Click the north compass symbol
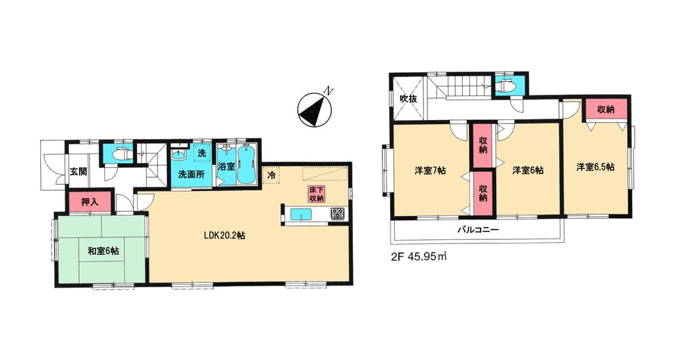click(x=314, y=108)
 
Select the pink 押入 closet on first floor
click(x=85, y=202)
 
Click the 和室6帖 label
click(x=103, y=252)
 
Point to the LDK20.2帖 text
click(x=225, y=235)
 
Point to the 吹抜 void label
click(x=408, y=100)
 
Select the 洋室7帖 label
click(x=430, y=170)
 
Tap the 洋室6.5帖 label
click(x=594, y=167)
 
